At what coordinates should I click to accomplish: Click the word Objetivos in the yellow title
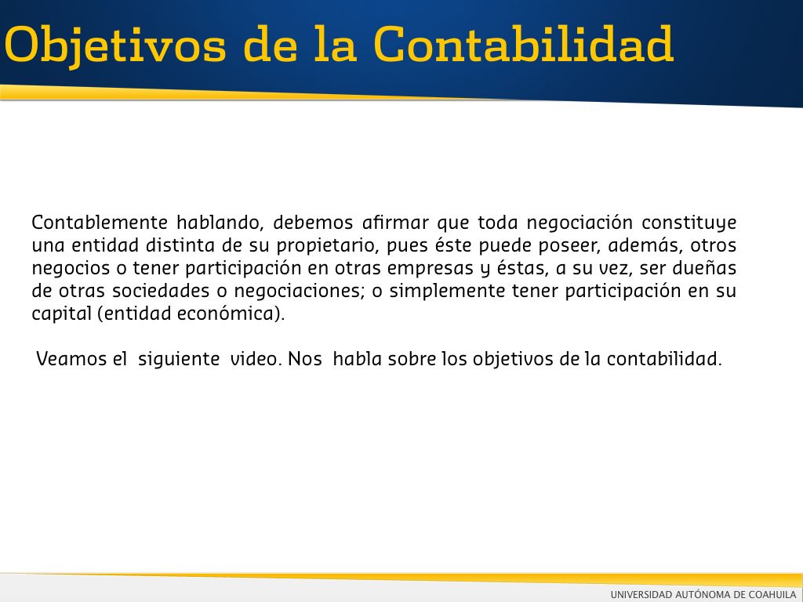coord(115,45)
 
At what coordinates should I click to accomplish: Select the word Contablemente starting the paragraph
coord(100,223)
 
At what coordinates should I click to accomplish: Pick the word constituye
coord(689,223)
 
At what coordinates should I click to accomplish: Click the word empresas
coord(431,269)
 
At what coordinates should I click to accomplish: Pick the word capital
coord(62,314)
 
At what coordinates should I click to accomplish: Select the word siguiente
coord(179,359)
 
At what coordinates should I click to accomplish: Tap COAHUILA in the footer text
coord(772,594)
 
